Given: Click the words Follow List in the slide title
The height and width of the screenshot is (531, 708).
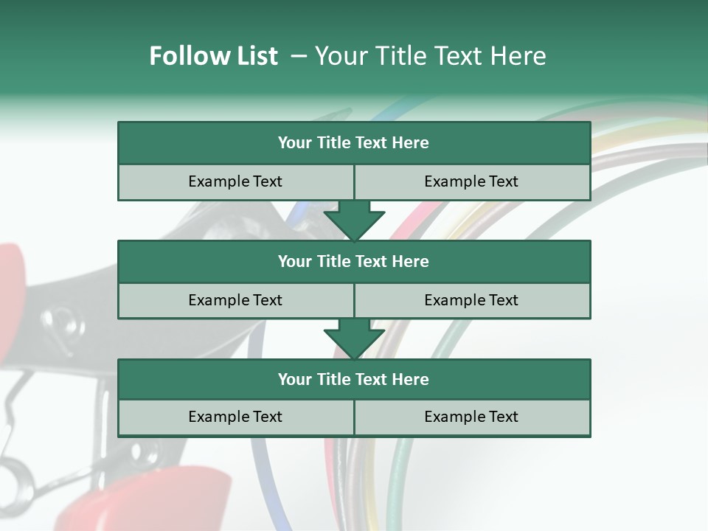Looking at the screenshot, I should click(213, 56).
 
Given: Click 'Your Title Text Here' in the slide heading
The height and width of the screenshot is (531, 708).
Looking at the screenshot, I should click(430, 56).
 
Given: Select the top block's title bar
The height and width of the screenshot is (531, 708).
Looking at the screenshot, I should click(354, 142).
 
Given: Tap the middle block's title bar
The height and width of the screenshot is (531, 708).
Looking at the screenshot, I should click(354, 261).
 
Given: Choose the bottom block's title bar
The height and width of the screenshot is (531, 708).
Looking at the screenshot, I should click(354, 379).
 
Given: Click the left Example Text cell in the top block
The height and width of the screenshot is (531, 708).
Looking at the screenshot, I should click(235, 181).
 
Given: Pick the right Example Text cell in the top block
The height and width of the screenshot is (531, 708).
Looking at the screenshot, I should click(471, 181).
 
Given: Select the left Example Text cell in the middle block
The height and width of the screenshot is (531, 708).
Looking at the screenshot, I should click(235, 300).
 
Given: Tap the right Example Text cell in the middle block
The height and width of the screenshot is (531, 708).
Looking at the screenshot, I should click(471, 300).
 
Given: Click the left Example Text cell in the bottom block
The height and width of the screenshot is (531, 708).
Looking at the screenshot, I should click(235, 417).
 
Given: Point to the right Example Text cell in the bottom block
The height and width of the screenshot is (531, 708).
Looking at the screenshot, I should click(471, 417).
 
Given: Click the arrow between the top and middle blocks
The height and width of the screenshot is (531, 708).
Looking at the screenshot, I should click(354, 221).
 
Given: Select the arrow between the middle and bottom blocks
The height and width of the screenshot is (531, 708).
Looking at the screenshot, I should click(354, 339).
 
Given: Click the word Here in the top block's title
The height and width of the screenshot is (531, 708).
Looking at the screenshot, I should click(411, 142).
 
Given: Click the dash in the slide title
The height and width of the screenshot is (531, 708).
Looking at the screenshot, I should click(299, 56).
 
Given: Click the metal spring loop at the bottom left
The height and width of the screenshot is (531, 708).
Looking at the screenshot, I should click(10, 472).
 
